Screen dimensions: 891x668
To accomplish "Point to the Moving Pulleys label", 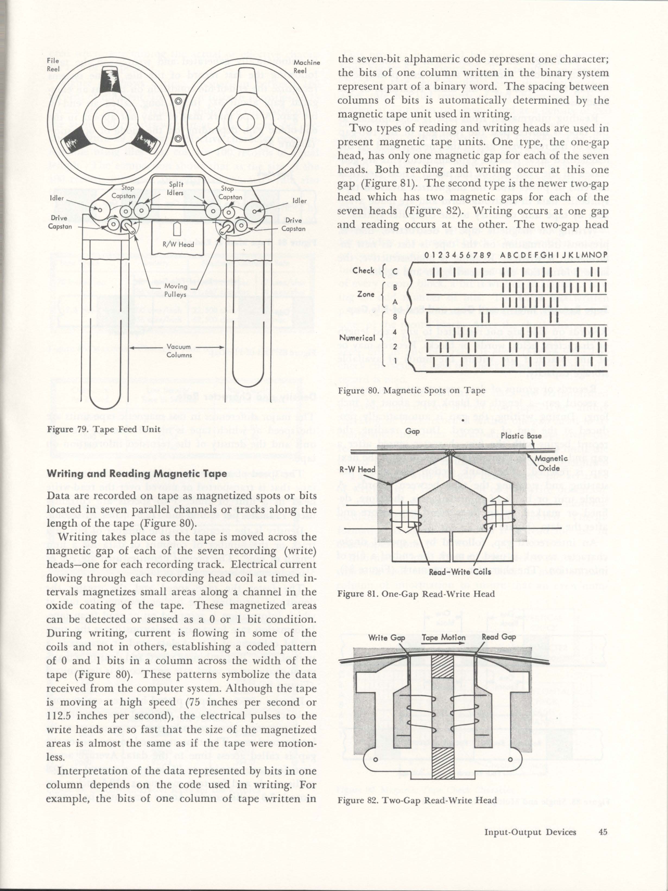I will (x=176, y=290).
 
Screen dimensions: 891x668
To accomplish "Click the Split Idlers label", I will (x=176, y=188).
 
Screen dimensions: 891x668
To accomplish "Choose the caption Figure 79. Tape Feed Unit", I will (x=104, y=429).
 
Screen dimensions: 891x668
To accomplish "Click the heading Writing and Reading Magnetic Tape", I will (x=137, y=474).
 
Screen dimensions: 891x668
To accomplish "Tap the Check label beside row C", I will (x=364, y=270).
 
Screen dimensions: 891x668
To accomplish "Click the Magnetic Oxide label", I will (x=551, y=463).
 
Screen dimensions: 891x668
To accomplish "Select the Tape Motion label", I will (x=443, y=638).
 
